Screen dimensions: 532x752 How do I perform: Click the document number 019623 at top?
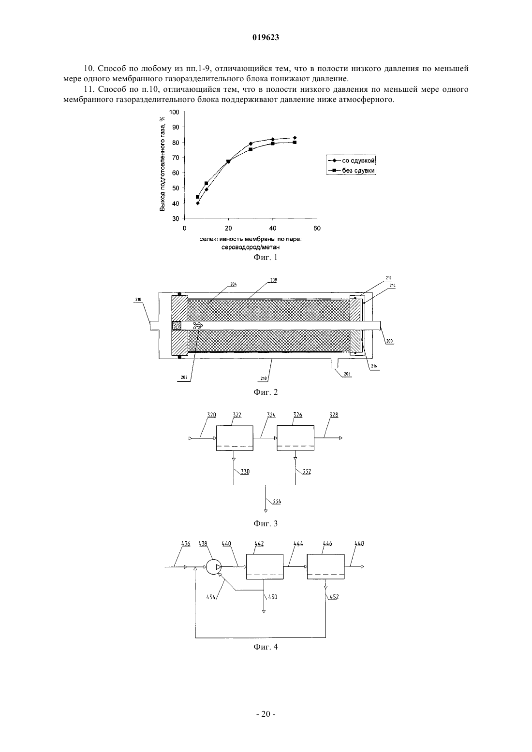pyautogui.click(x=266, y=38)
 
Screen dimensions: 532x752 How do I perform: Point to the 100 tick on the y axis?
pyautogui.click(x=174, y=112)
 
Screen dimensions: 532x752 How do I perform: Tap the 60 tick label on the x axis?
pyautogui.click(x=317, y=228)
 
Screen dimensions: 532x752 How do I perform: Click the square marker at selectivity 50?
pyautogui.click(x=295, y=143)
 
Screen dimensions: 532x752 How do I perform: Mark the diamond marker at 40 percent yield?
pyautogui.click(x=198, y=203)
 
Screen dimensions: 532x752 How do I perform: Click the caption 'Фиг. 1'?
pyautogui.click(x=266, y=258)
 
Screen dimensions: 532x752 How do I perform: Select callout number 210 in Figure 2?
pyautogui.click(x=138, y=300)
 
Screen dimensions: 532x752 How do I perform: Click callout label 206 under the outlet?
pyautogui.click(x=347, y=374)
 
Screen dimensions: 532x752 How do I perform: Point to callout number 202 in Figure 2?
pyautogui.click(x=184, y=377)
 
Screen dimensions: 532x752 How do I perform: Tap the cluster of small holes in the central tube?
pyautogui.click(x=197, y=325)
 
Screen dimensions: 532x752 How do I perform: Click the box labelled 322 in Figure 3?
pyautogui.click(x=235, y=438)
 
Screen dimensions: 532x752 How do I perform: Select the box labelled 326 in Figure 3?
pyautogui.click(x=296, y=438)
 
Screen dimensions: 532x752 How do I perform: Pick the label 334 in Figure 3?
pyautogui.click(x=277, y=502)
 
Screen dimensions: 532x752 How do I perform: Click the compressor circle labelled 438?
pyautogui.click(x=214, y=567)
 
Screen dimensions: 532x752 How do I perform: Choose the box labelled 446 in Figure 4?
pyautogui.click(x=326, y=567)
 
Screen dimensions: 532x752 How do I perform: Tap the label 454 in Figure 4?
pyautogui.click(x=211, y=597)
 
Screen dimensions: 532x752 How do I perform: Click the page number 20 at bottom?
pyautogui.click(x=266, y=714)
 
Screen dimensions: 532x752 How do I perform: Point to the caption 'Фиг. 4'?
pyautogui.click(x=266, y=647)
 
